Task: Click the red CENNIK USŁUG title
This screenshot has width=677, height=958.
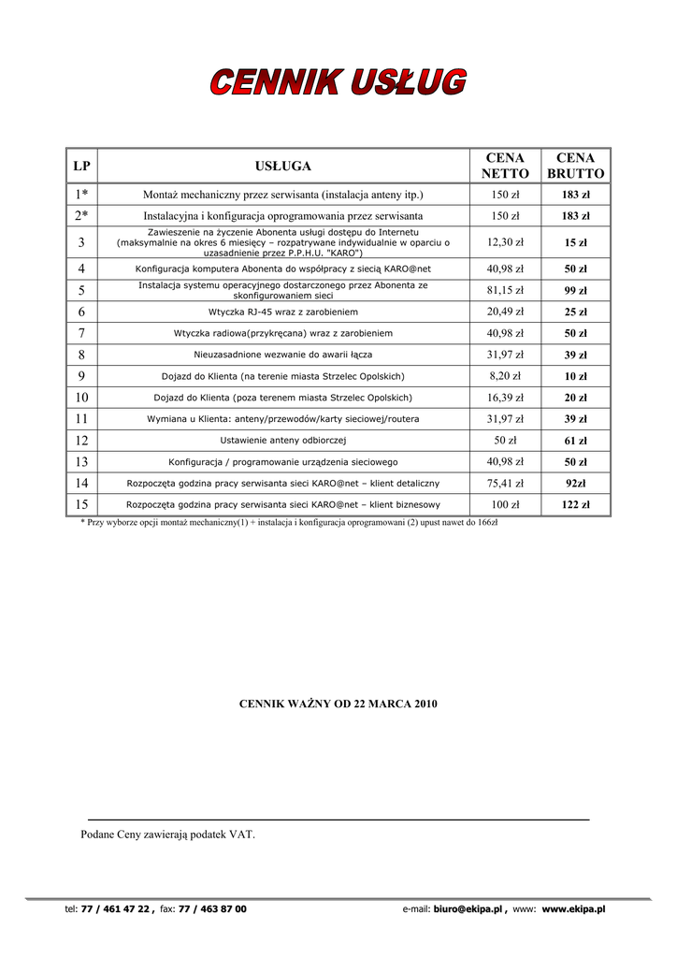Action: (x=338, y=82)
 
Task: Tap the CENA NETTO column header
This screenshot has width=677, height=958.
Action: (x=505, y=166)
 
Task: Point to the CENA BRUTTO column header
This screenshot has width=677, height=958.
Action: (x=575, y=166)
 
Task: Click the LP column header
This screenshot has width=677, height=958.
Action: (x=81, y=166)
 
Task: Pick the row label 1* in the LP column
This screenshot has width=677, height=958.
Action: (x=81, y=195)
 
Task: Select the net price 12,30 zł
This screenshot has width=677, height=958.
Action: (x=505, y=242)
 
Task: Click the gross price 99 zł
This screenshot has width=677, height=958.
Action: (x=575, y=291)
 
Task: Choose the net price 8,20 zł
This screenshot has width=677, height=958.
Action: (x=505, y=376)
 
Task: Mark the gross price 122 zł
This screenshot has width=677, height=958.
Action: (x=575, y=505)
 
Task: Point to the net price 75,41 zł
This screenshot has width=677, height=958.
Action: (x=505, y=484)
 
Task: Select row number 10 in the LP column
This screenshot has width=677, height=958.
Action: (x=81, y=398)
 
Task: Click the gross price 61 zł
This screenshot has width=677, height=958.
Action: (x=575, y=441)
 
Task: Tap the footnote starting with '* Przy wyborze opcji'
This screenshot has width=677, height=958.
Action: (x=289, y=523)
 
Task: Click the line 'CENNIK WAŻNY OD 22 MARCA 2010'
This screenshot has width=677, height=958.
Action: (x=338, y=703)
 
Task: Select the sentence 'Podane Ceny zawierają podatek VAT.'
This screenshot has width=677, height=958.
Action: (x=167, y=834)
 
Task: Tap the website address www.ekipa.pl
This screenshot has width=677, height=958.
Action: (x=573, y=908)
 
